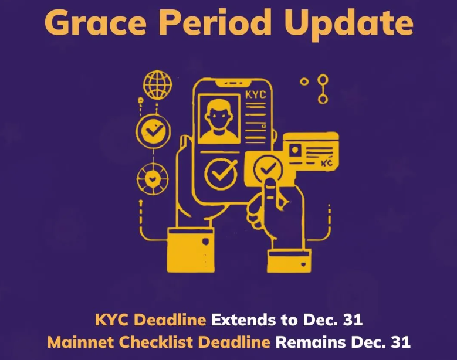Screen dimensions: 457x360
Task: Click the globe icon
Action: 158,85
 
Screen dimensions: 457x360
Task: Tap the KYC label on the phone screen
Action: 256,95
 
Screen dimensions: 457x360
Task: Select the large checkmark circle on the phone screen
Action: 221,174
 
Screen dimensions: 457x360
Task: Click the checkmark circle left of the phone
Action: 153,131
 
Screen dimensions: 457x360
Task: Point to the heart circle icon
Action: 153,179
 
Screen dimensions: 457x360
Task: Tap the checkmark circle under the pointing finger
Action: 268,169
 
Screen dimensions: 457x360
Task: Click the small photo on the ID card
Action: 294,151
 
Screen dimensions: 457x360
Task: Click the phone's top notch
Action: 233,83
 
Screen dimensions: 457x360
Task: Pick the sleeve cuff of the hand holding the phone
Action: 191,251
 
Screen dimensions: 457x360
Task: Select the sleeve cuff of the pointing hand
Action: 289,261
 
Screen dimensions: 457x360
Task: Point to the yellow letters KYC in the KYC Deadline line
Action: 111,320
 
